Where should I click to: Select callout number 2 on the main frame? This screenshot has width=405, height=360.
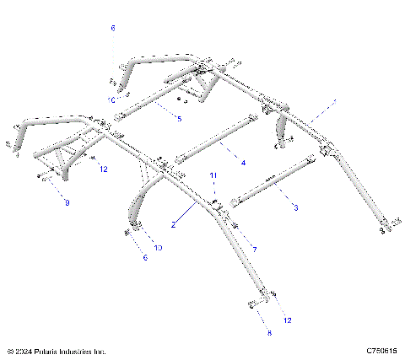tap(173, 225)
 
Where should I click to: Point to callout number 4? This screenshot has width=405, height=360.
tap(242, 162)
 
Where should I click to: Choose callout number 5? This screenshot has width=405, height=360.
tap(179, 119)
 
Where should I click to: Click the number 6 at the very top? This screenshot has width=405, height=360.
tap(112, 28)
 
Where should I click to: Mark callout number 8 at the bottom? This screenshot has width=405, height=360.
tap(269, 334)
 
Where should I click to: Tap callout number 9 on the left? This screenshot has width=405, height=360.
tap(67, 203)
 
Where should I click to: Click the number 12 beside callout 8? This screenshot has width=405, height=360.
tap(288, 320)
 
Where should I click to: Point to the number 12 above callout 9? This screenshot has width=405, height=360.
tap(104, 169)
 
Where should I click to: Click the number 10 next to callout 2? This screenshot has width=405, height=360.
tap(158, 248)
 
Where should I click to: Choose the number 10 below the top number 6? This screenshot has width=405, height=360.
tap(111, 99)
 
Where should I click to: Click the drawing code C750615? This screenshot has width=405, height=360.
tap(382, 350)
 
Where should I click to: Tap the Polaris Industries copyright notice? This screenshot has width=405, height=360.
tap(56, 350)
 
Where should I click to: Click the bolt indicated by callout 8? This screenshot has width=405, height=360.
tap(253, 304)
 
